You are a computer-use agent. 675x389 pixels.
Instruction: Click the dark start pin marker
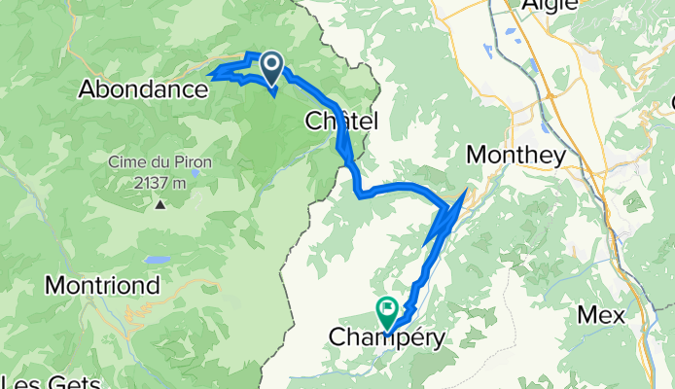point(270,67)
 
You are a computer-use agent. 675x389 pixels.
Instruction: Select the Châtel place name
point(341,121)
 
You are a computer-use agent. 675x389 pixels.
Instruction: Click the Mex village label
point(600,315)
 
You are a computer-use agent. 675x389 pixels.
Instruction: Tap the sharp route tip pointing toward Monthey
point(467,190)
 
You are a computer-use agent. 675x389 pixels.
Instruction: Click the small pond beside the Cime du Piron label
point(196,173)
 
